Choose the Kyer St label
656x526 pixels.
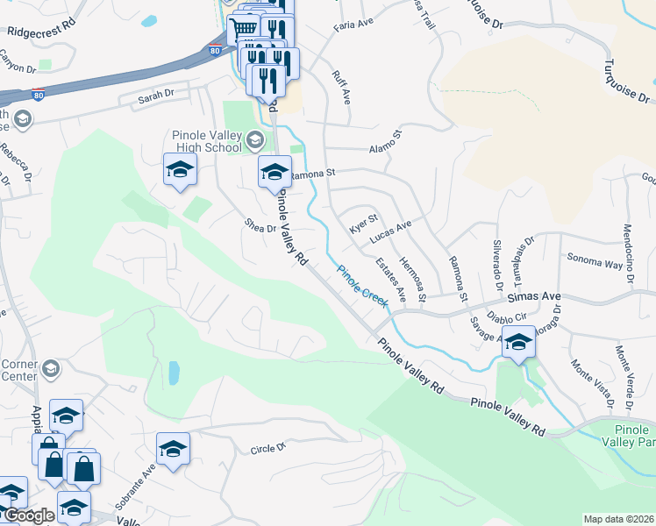point(363,224)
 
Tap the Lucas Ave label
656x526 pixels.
point(390,232)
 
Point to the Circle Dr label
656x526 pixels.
point(268,448)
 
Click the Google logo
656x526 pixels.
point(29,515)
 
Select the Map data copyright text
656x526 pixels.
point(619,519)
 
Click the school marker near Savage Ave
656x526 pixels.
point(518,343)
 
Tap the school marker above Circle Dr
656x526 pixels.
point(174,450)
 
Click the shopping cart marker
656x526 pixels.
point(243,30)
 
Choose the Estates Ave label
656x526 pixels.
point(390,276)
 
